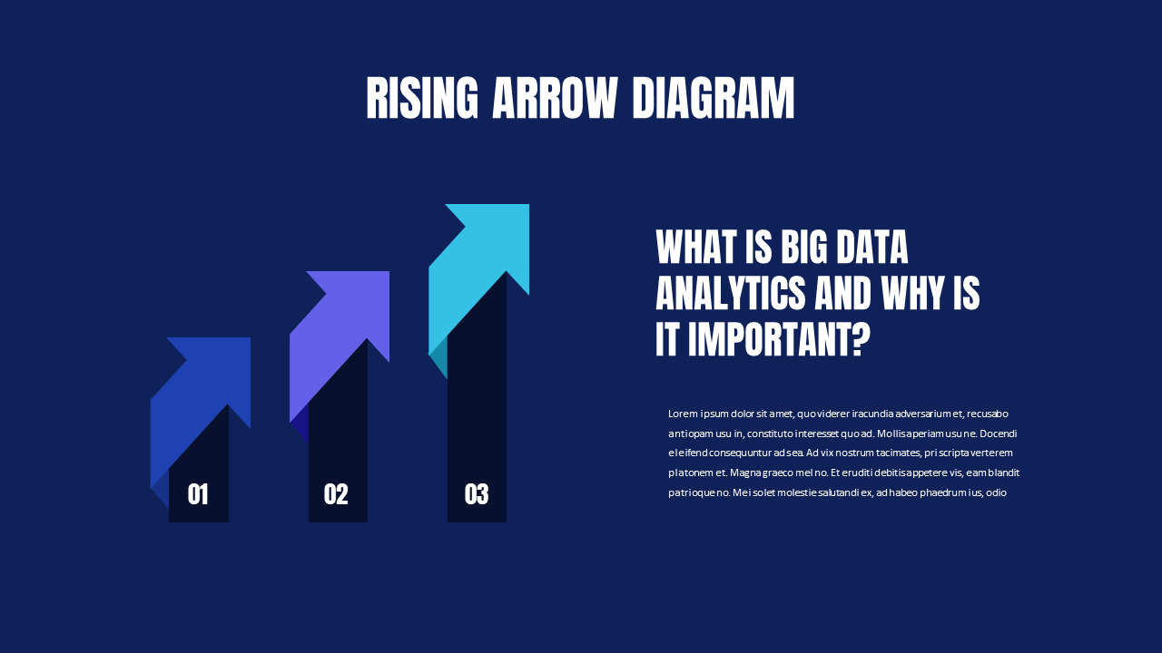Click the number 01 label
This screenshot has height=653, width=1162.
coord(198,494)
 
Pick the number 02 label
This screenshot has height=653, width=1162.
coord(336,494)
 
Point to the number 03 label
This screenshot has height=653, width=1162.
coord(477,494)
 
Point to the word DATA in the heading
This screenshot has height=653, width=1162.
coord(875,247)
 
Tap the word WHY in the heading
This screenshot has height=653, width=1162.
coord(912,294)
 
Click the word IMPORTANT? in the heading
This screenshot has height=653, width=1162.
coord(777,341)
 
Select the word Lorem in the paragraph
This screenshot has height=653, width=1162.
coord(683,414)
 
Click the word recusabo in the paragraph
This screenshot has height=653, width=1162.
coord(987,414)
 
